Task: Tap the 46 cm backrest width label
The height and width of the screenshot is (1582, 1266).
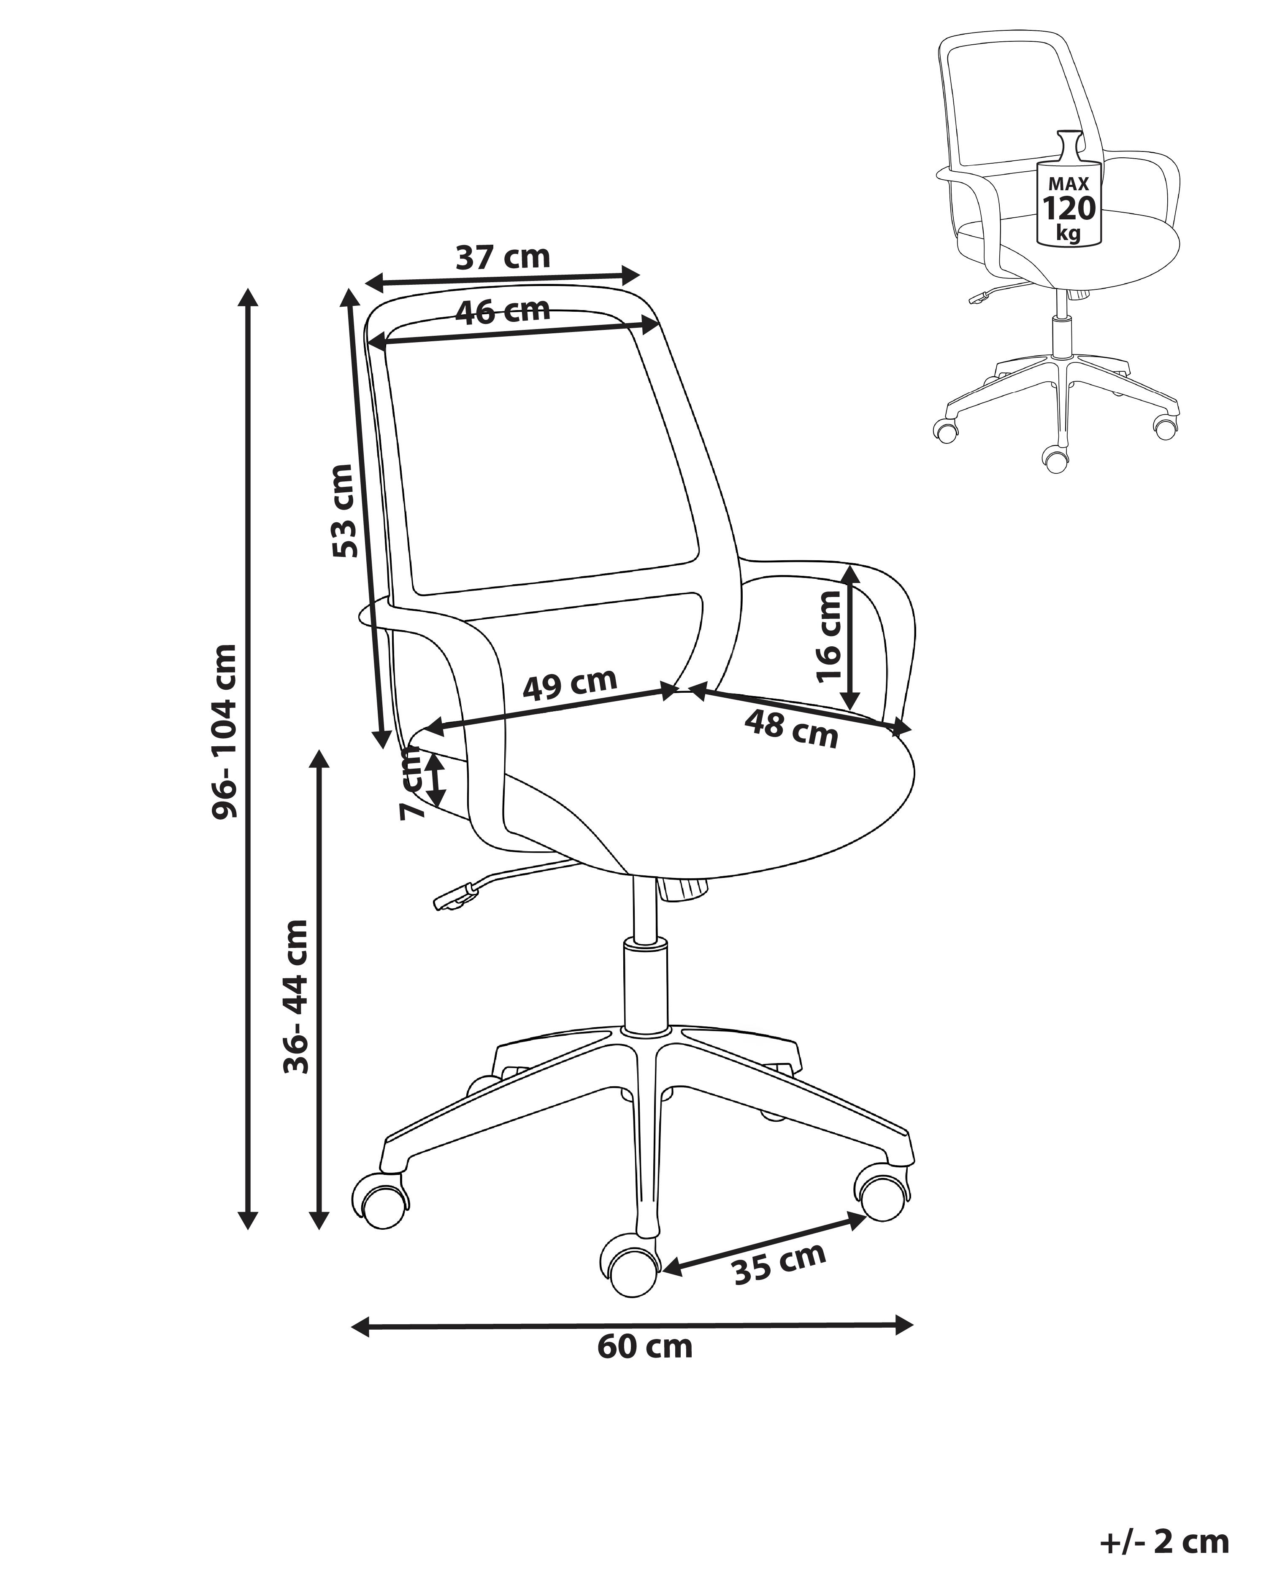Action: (x=503, y=311)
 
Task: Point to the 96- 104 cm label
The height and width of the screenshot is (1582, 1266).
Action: (x=223, y=731)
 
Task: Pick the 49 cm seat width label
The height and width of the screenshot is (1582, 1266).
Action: (x=570, y=684)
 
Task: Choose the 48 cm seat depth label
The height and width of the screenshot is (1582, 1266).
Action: (x=791, y=729)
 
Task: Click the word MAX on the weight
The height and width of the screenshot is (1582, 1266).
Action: (x=1069, y=184)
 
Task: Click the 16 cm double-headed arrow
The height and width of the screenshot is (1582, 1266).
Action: (x=850, y=637)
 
